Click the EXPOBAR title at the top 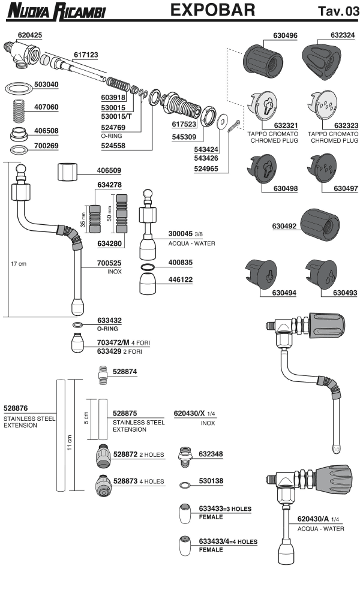(x=212, y=10)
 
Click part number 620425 (x=29, y=35)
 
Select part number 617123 (x=85, y=54)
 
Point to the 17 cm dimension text (x=19, y=263)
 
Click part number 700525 (x=110, y=263)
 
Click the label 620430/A (x=312, y=518)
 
